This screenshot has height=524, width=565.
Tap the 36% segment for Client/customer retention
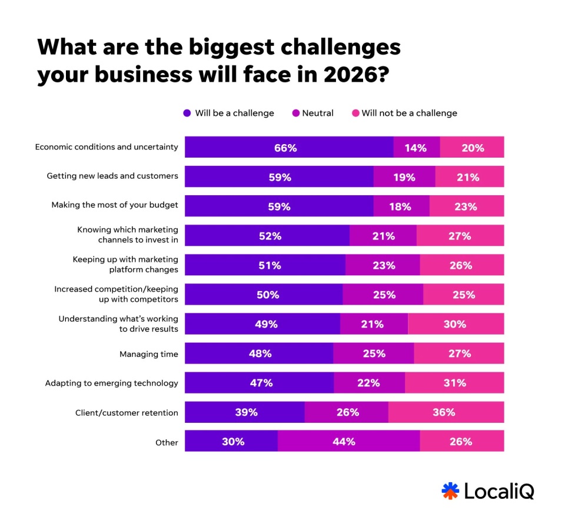pos(446,412)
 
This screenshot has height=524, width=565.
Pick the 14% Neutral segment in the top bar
pos(416,148)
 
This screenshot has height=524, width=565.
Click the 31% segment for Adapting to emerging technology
pos(454,383)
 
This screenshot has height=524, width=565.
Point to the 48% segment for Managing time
pos(259,353)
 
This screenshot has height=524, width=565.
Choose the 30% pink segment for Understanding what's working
pos(456,324)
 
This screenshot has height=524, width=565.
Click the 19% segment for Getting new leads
pos(404,177)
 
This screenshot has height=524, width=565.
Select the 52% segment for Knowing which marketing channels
pos(267,236)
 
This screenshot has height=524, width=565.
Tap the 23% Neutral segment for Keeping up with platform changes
pos(383,265)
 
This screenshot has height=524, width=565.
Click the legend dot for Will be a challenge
pos(187,113)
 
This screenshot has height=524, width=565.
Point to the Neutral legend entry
pos(317,113)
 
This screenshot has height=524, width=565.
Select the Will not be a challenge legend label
pos(409,113)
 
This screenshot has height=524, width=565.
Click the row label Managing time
pos(148,354)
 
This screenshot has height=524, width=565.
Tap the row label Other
pos(167,442)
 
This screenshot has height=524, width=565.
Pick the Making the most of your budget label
pos(115,205)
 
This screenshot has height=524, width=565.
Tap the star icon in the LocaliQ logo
pos(450,490)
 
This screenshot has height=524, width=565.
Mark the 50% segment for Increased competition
pos(264,295)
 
